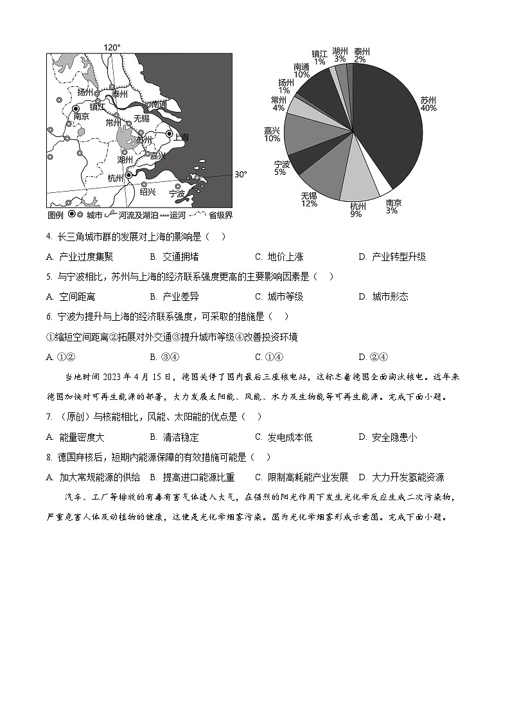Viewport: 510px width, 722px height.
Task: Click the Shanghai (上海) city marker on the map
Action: click(x=170, y=134)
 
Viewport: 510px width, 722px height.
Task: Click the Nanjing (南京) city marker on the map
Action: click(x=76, y=109)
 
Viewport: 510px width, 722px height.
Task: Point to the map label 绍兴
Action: click(x=147, y=192)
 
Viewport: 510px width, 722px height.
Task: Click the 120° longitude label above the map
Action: click(x=112, y=48)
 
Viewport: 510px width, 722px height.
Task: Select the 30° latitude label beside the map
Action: click(x=240, y=174)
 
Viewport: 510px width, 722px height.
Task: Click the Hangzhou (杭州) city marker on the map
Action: click(x=129, y=175)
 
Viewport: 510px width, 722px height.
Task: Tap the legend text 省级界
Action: click(x=220, y=215)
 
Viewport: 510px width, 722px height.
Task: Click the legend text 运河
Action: click(x=178, y=215)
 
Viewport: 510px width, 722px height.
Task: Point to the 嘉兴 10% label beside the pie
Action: click(x=272, y=134)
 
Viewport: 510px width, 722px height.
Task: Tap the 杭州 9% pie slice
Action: click(x=358, y=183)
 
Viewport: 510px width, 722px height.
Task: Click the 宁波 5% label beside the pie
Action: click(x=280, y=168)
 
